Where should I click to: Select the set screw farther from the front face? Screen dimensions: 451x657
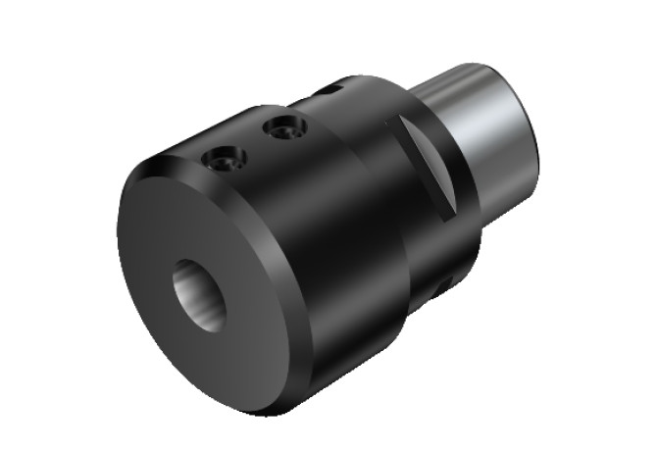click(284, 126)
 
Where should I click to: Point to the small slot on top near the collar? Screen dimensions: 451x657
click(330, 91)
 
